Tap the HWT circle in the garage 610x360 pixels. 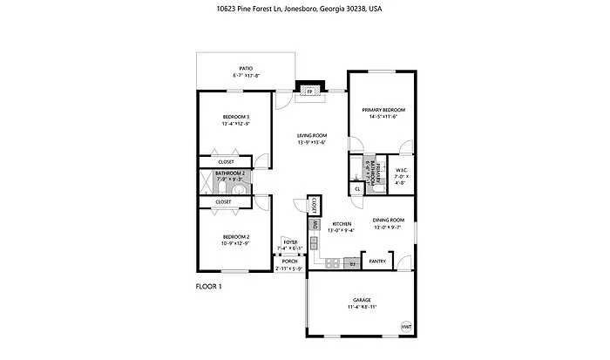pyautogui.click(x=405, y=326)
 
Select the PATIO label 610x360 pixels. pyautogui.click(x=247, y=68)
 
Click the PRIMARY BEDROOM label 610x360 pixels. pyautogui.click(x=384, y=110)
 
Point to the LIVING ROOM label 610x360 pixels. pyautogui.click(x=311, y=135)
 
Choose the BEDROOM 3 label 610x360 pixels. pyautogui.click(x=235, y=118)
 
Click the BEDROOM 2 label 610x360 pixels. pyautogui.click(x=235, y=236)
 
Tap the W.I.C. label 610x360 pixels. pyautogui.click(x=402, y=170)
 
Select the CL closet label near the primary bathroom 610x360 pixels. pyautogui.click(x=357, y=187)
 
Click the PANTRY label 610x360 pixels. pyautogui.click(x=377, y=261)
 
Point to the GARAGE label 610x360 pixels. pyautogui.click(x=362, y=299)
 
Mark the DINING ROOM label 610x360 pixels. pyautogui.click(x=388, y=221)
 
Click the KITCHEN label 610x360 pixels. pyautogui.click(x=341, y=224)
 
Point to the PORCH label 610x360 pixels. pyautogui.click(x=288, y=261)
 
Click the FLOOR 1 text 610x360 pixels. pyautogui.click(x=209, y=285)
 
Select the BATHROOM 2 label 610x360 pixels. pyautogui.click(x=231, y=173)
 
